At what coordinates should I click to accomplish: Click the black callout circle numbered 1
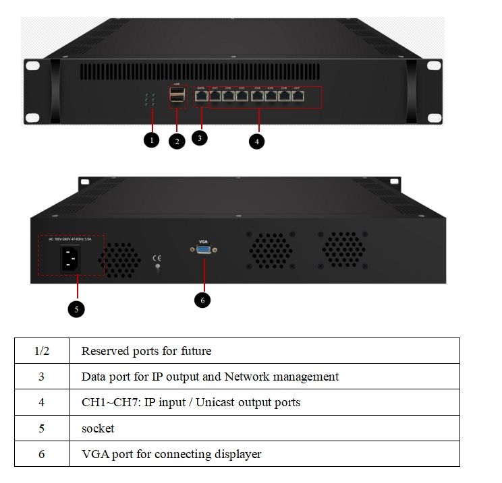click(152, 141)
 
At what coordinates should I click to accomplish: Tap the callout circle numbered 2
click(177, 141)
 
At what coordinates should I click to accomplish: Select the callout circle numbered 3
click(199, 137)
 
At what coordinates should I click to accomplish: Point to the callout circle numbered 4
click(256, 141)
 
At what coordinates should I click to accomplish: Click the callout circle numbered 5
click(76, 309)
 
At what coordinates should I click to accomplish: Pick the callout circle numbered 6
click(202, 300)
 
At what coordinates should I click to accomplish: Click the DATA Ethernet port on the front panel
click(201, 96)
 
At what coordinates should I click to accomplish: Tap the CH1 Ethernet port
click(215, 96)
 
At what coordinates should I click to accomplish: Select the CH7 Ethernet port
click(297, 96)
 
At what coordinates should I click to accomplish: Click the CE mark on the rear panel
click(157, 257)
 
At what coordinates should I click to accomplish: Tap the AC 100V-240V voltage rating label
click(70, 239)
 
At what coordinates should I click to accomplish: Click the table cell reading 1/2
click(41, 351)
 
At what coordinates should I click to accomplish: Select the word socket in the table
click(98, 428)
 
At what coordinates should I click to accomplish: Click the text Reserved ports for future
click(146, 351)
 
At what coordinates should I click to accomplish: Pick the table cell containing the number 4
click(41, 402)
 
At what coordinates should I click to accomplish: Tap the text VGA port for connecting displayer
click(171, 454)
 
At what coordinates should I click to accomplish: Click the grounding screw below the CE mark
click(157, 268)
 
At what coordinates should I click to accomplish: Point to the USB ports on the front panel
click(177, 96)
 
